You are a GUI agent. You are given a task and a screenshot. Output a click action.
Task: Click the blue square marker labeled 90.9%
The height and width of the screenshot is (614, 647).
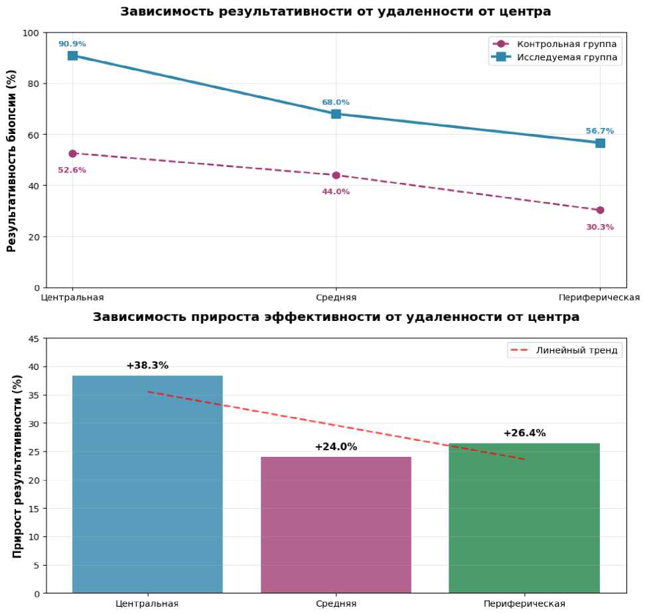click(72, 56)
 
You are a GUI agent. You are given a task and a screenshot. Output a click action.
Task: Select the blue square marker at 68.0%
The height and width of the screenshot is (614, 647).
click(336, 114)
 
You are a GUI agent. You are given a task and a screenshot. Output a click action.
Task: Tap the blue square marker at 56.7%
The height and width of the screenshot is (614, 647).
click(600, 143)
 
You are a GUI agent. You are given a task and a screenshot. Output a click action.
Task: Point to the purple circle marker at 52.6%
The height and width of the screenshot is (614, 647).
click(72, 153)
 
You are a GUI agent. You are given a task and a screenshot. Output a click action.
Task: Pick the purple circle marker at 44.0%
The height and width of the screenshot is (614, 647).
click(336, 175)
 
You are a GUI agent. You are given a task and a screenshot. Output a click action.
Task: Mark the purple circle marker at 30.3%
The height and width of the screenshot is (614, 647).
click(600, 210)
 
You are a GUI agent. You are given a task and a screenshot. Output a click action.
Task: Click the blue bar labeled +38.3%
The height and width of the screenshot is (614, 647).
click(147, 484)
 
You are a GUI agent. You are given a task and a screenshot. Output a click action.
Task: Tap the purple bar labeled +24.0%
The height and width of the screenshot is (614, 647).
click(336, 524)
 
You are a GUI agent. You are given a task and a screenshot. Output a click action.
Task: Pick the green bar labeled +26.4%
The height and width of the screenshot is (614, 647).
click(524, 518)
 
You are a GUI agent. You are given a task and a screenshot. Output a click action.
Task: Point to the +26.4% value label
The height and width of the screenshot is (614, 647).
click(524, 433)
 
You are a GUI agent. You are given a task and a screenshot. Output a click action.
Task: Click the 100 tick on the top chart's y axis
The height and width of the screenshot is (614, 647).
click(31, 32)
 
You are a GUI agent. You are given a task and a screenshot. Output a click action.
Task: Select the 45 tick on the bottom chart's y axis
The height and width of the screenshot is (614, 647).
click(34, 339)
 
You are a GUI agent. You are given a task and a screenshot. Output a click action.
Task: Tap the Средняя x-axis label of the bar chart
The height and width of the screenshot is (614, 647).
click(336, 604)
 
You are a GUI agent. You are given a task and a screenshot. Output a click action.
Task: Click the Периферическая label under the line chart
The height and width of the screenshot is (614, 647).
click(599, 298)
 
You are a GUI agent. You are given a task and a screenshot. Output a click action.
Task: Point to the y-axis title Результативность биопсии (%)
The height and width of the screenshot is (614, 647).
click(11, 160)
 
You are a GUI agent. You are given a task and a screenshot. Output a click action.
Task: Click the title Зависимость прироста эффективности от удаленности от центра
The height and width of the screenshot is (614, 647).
click(336, 317)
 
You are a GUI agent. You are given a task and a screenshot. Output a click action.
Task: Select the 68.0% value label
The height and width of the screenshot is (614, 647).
click(336, 102)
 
